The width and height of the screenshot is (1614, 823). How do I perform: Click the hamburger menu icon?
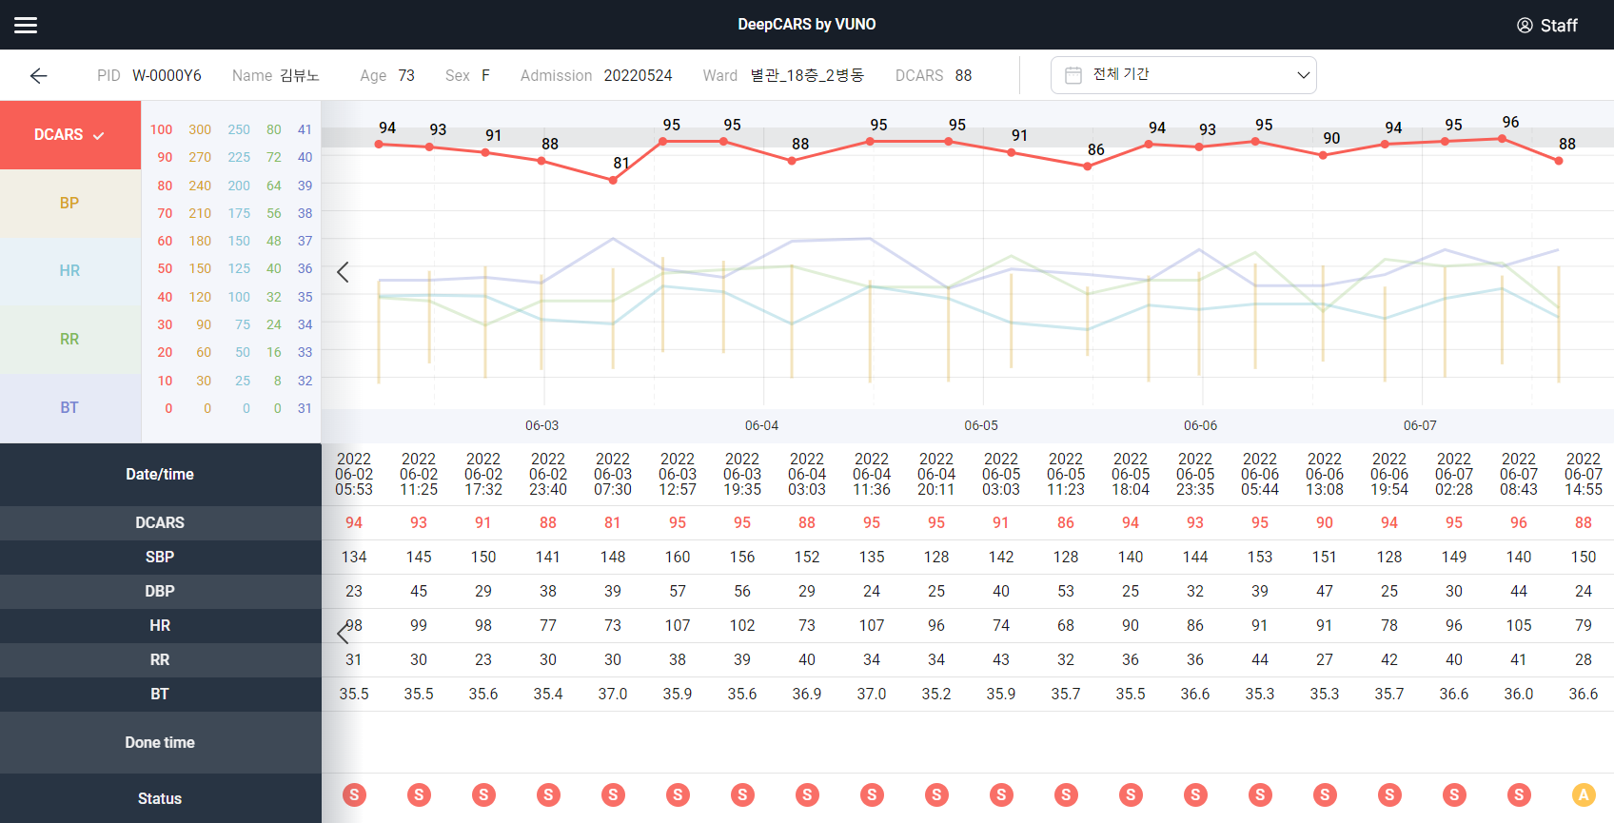(x=26, y=25)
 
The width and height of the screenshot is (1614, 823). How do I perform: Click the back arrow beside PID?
(x=38, y=76)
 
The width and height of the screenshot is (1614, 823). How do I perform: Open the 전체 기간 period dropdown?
(x=1183, y=75)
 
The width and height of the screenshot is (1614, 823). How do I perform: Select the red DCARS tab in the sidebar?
(x=69, y=135)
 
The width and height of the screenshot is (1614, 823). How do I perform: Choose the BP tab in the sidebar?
(x=69, y=203)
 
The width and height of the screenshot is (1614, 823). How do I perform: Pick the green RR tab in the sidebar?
(x=69, y=339)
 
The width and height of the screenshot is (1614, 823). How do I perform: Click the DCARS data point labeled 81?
(x=613, y=180)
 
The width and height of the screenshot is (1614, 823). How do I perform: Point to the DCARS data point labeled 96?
(x=1503, y=139)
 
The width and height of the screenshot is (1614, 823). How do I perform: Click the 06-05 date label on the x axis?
(x=981, y=425)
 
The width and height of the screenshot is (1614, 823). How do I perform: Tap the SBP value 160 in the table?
(x=678, y=557)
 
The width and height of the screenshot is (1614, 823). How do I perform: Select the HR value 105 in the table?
(x=1519, y=625)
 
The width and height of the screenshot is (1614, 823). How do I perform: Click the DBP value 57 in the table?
(x=678, y=591)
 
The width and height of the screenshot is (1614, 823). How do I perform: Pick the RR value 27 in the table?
(x=1325, y=659)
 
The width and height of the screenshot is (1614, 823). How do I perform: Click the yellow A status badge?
(x=1584, y=794)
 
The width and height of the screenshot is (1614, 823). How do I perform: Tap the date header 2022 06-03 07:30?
(x=613, y=474)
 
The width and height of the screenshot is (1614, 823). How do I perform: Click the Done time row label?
(x=160, y=742)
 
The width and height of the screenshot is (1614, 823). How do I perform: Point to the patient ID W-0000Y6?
(x=167, y=75)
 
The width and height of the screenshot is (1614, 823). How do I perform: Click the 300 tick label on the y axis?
(x=200, y=129)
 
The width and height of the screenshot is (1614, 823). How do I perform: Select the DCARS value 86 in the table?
(x=1066, y=522)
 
